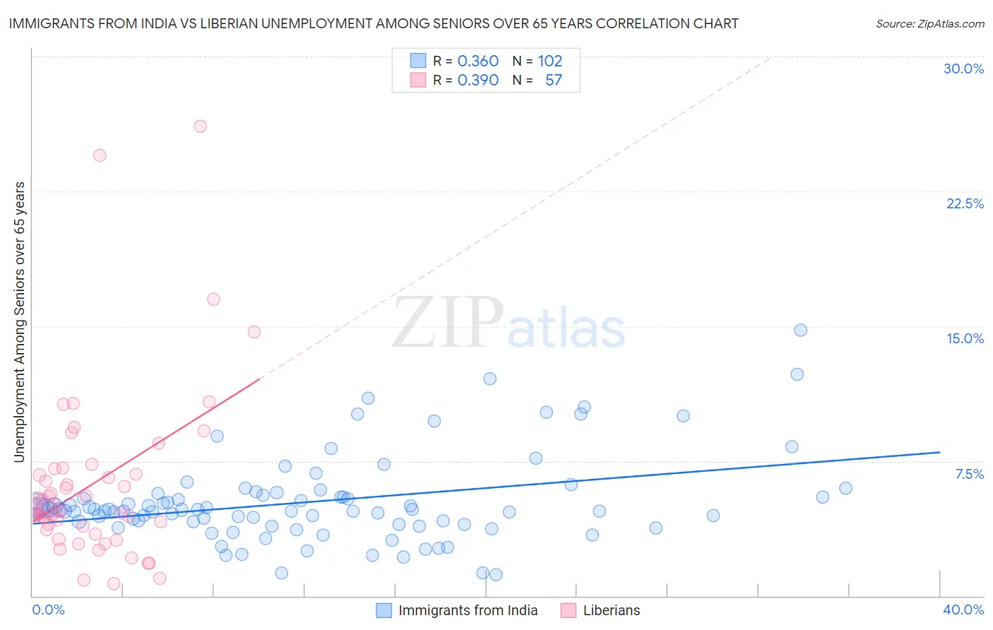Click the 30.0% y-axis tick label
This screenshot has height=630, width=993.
[963, 69]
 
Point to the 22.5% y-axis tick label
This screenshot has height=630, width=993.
[965, 203]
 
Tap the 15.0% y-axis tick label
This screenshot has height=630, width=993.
[965, 338]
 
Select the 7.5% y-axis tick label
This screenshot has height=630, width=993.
[969, 474]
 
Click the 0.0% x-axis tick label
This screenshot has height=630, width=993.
[48, 610]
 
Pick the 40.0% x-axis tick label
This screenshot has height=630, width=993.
[963, 610]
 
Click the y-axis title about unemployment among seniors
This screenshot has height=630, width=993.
[19, 322]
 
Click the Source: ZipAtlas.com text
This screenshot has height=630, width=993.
[929, 23]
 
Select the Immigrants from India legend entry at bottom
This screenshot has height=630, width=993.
[468, 610]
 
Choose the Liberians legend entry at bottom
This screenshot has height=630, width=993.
[611, 610]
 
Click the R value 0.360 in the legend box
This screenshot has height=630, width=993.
[478, 61]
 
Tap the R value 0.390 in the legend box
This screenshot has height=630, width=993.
[478, 80]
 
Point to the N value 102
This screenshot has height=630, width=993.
[550, 61]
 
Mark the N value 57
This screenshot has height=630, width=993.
[554, 80]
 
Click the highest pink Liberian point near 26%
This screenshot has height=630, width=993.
[200, 126]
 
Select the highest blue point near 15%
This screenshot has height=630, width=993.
[800, 330]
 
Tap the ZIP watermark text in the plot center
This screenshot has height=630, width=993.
[448, 323]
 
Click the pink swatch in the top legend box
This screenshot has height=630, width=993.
[418, 80]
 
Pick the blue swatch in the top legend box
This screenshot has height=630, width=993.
[418, 61]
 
